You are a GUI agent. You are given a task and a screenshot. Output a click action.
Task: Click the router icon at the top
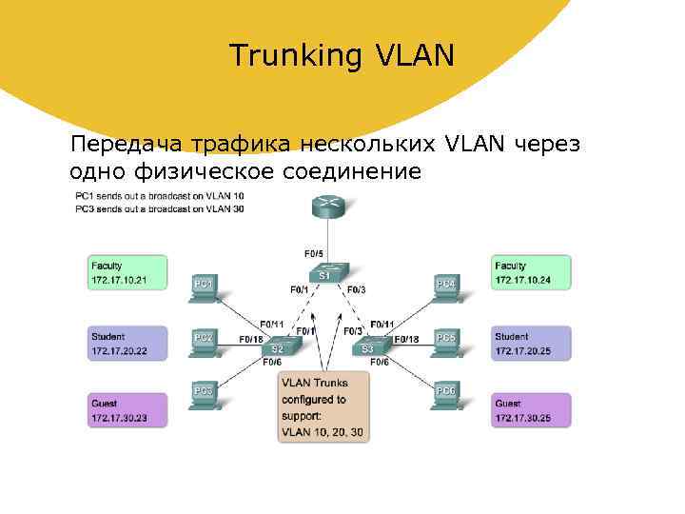329,204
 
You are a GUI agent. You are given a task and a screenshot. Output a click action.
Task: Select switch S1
325,274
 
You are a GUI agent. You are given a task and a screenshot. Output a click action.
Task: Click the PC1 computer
204,287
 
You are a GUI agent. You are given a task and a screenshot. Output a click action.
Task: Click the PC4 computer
445,287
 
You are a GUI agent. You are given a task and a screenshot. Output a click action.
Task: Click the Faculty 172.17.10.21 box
127,272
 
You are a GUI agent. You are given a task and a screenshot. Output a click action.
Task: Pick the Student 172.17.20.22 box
127,343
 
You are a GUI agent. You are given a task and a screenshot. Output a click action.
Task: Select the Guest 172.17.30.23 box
127,410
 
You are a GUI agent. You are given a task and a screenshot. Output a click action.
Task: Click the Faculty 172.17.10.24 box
532,272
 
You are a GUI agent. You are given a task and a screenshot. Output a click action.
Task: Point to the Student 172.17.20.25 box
532,343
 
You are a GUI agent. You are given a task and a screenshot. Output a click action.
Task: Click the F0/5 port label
313,253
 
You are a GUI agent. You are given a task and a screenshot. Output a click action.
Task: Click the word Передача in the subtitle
127,145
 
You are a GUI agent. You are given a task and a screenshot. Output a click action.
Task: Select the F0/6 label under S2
272,363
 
